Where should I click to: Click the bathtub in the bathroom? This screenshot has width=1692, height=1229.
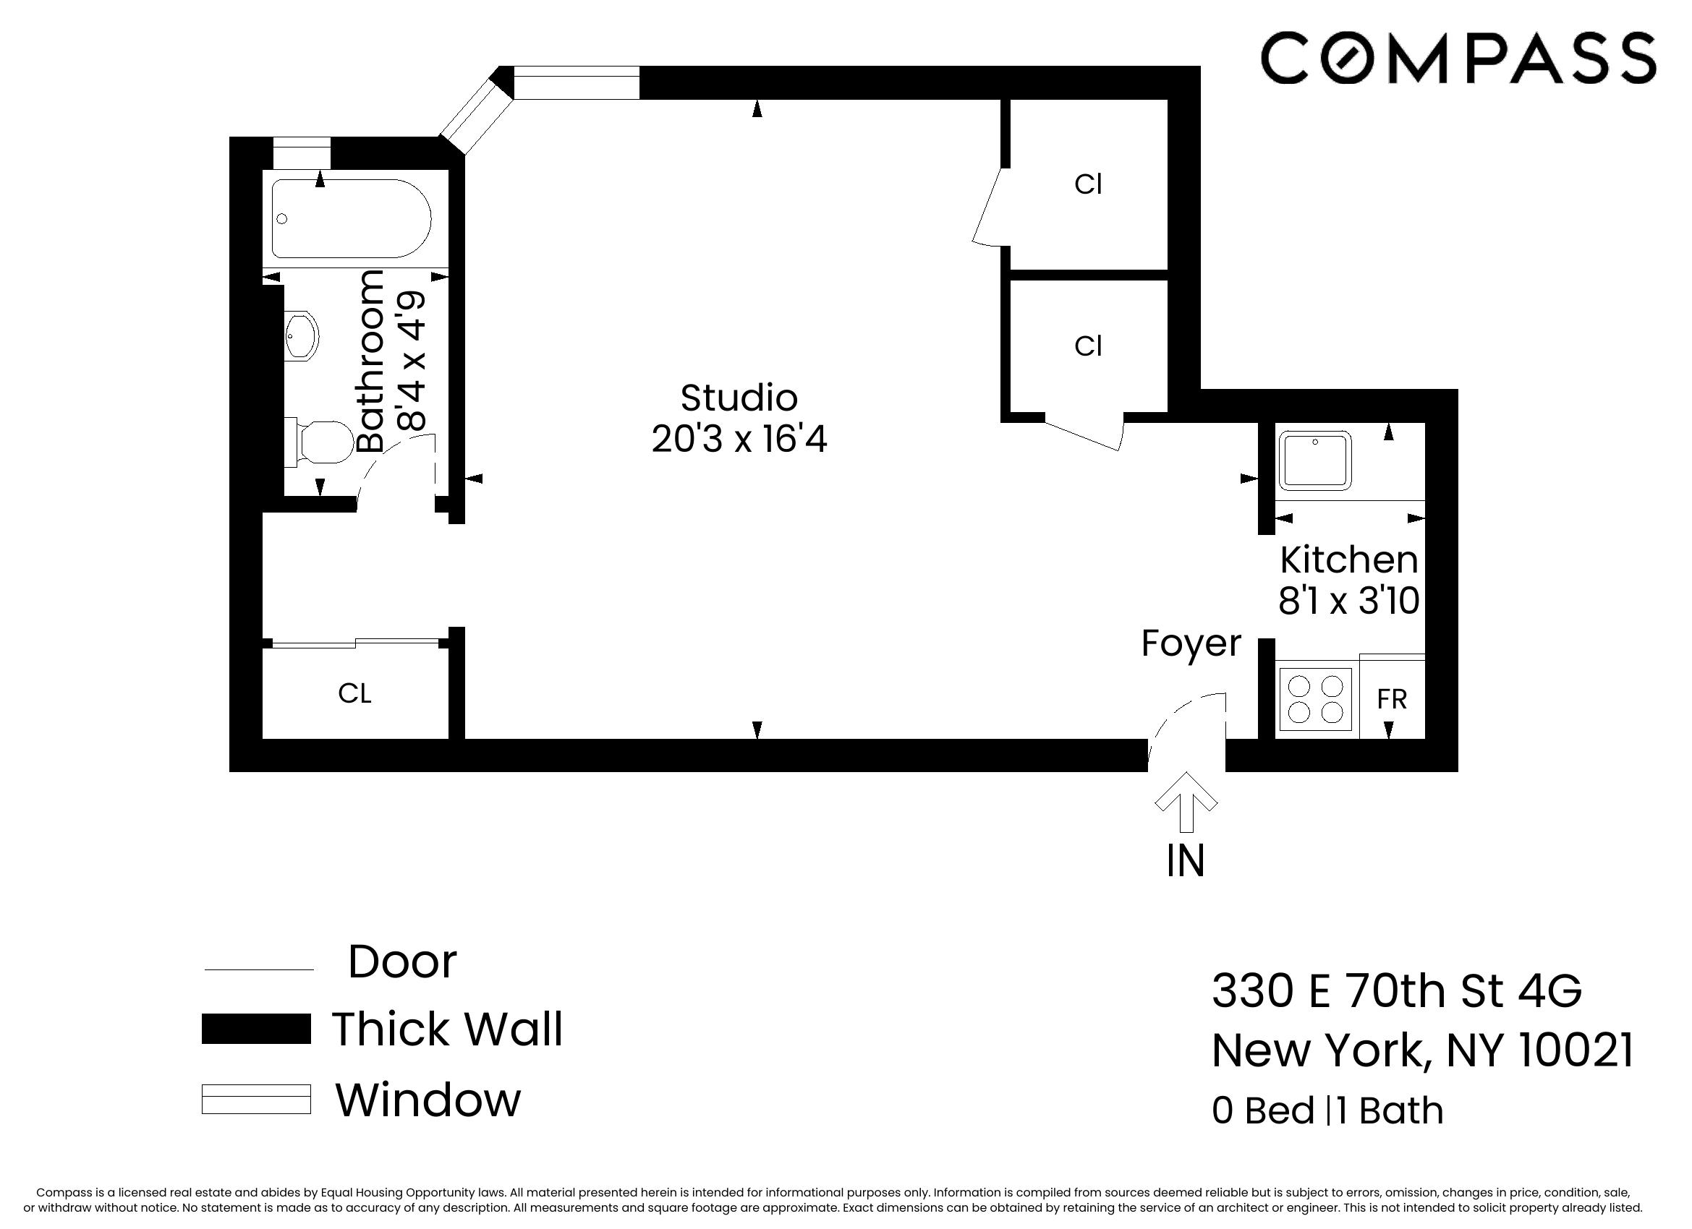(x=351, y=218)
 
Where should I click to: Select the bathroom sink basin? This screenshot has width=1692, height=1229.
(x=302, y=336)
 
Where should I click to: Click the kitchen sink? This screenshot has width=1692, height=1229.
(x=1314, y=460)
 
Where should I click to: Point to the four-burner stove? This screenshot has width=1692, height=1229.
(x=1315, y=699)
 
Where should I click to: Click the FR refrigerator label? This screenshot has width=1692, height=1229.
(x=1391, y=700)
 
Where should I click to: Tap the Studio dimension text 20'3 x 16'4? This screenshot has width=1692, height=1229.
(x=739, y=440)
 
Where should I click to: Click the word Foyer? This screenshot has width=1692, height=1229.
(x=1191, y=643)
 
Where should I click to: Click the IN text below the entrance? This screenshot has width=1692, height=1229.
(x=1186, y=861)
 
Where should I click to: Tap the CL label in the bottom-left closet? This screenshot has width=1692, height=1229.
(x=354, y=693)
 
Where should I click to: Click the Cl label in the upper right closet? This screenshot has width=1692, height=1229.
(x=1088, y=184)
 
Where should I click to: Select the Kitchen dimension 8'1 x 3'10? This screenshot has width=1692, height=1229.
(x=1348, y=601)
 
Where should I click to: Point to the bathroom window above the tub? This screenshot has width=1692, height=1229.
(x=302, y=153)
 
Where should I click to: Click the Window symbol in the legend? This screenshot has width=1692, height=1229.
(x=256, y=1100)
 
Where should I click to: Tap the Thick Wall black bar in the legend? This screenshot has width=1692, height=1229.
(x=256, y=1029)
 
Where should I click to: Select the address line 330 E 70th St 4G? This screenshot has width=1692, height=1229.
(x=1396, y=990)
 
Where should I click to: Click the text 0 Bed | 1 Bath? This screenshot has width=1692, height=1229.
(x=1327, y=1110)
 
